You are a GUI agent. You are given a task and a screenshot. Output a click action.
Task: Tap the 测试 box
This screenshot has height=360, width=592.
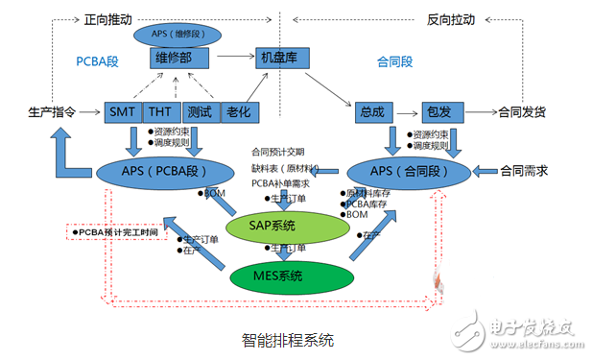tap(200, 112)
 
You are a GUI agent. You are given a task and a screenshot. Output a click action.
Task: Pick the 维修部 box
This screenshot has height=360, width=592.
tap(179, 59)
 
